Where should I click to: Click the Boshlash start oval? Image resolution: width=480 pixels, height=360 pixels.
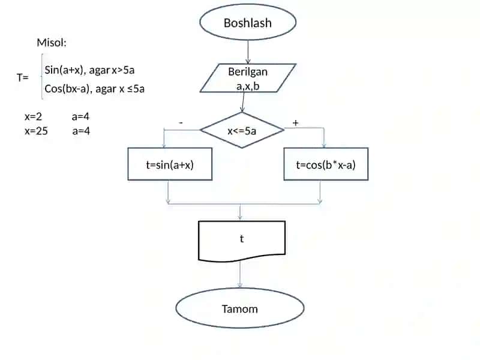(248, 22)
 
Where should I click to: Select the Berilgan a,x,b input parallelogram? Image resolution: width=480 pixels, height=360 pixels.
(248, 78)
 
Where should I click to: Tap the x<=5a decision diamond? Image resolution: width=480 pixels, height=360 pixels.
(242, 130)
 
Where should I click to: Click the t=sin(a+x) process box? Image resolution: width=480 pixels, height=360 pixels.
(170, 164)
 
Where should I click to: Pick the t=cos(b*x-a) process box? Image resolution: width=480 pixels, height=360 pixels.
(326, 164)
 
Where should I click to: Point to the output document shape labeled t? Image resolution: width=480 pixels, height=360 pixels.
(242, 241)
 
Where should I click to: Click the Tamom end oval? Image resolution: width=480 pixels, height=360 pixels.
(239, 308)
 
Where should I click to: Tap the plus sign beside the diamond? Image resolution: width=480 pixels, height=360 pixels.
(295, 123)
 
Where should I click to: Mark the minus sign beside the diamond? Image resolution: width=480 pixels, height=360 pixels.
(181, 123)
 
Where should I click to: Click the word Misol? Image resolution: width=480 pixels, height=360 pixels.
(52, 43)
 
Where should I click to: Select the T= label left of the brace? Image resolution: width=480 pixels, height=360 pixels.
(23, 77)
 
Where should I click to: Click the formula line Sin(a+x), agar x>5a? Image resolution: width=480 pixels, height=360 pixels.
(89, 70)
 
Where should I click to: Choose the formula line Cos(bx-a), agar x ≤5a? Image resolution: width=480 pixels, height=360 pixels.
(94, 89)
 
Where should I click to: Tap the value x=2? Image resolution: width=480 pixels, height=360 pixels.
(33, 116)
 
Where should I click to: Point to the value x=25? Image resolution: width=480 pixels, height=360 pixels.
(36, 131)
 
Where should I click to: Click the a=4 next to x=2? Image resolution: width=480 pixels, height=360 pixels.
(80, 116)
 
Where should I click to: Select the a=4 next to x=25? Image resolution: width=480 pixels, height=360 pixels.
(81, 131)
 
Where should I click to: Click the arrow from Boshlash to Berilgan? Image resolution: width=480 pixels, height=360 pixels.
(248, 52)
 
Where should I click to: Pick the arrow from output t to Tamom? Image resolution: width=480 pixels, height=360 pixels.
(240, 275)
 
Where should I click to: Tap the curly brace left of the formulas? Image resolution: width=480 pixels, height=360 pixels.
(42, 77)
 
